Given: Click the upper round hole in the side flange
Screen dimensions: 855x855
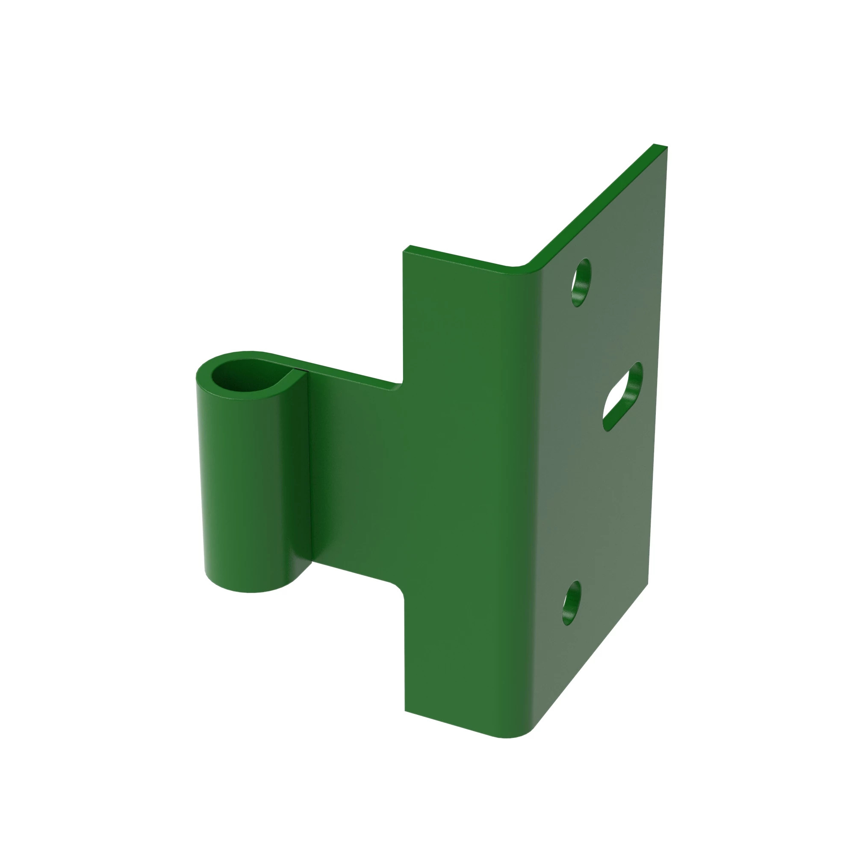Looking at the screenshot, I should pos(581,282).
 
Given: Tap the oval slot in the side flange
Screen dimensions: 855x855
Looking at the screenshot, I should pos(622,396).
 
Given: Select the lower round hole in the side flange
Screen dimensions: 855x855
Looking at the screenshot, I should pos(572,602).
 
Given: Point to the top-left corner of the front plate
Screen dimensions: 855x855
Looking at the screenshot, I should pos(404,251).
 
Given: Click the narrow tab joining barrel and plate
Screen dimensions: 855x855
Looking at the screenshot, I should pos(354,478).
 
